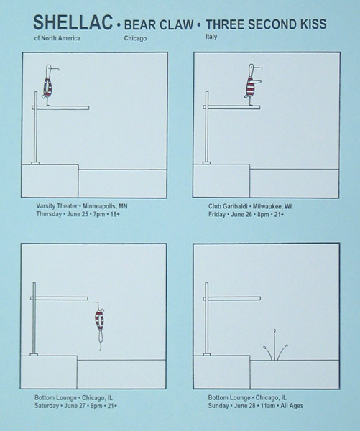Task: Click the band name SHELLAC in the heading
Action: tap(73, 22)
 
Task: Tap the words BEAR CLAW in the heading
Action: tap(159, 24)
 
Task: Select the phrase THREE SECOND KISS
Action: tap(266, 24)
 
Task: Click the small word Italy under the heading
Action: tap(211, 37)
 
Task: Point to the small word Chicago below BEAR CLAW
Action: tap(135, 38)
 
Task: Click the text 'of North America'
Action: tap(57, 38)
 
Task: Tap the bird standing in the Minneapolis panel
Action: tap(49, 85)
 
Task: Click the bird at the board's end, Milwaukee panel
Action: tap(251, 84)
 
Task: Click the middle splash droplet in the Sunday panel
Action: tap(274, 344)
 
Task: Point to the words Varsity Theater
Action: tap(57, 206)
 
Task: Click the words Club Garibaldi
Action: tap(228, 206)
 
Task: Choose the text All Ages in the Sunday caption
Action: tap(292, 406)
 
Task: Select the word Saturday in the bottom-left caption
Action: tap(47, 406)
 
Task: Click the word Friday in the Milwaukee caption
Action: tap(217, 214)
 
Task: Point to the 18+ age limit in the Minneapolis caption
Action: tap(115, 214)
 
